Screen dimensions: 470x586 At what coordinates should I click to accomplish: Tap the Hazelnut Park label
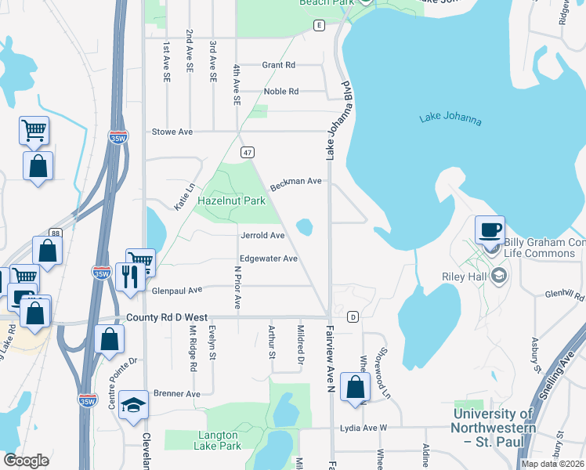click(x=233, y=201)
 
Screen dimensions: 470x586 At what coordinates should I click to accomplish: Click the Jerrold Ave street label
click(x=262, y=235)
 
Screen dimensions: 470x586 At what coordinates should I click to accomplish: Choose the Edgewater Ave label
click(x=269, y=258)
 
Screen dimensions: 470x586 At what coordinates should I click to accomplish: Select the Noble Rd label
click(x=281, y=92)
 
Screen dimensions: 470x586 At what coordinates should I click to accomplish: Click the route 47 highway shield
click(x=248, y=153)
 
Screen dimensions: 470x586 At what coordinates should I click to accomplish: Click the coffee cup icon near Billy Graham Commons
click(x=490, y=230)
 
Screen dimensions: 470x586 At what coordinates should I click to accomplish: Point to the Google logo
click(x=26, y=461)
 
